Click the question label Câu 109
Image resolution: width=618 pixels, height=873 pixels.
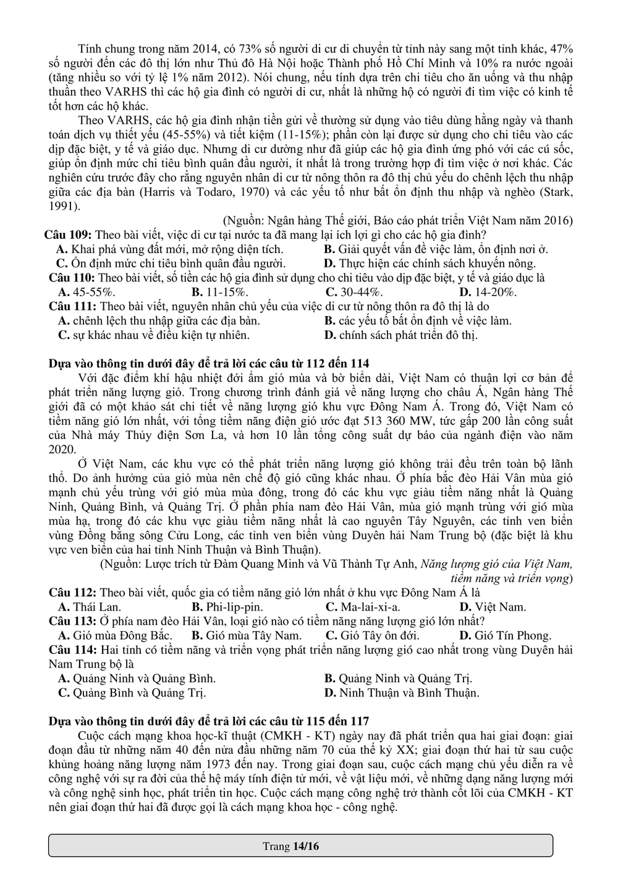(x=67, y=235)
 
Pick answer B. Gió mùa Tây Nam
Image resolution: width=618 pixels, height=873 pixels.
(x=247, y=635)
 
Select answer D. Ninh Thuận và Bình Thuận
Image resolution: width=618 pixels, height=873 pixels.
(x=401, y=693)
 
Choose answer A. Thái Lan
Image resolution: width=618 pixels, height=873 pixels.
(x=89, y=607)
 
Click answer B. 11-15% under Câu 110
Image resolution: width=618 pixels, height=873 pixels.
(x=220, y=292)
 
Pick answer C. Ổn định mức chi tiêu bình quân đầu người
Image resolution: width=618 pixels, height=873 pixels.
(x=148, y=264)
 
